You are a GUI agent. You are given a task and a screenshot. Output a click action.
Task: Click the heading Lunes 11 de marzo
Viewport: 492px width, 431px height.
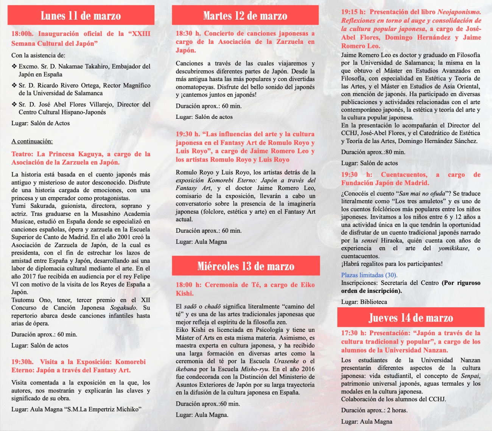coord(81,16)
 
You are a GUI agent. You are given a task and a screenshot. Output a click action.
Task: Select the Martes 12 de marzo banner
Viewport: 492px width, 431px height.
coord(245,16)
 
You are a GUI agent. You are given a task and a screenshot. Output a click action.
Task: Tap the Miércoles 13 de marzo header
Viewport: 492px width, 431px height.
coord(246,266)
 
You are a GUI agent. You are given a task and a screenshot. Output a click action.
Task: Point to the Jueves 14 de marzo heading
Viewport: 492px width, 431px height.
coord(411,318)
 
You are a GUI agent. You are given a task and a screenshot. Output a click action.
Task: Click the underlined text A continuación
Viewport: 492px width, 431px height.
coord(32,142)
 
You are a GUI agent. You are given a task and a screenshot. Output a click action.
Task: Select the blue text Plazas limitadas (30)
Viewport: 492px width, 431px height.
coord(369,275)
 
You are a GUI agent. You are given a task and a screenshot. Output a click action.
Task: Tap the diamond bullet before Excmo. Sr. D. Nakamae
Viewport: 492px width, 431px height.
coord(14,66)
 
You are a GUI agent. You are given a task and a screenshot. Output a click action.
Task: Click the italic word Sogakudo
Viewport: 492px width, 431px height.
coord(124,308)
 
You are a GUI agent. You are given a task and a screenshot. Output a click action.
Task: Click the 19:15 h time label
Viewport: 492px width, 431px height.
coord(354,12)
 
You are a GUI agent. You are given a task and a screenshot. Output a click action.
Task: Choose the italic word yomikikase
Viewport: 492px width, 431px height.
coord(453,248)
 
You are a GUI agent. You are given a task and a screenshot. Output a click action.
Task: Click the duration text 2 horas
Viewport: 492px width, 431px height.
coord(397,410)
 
